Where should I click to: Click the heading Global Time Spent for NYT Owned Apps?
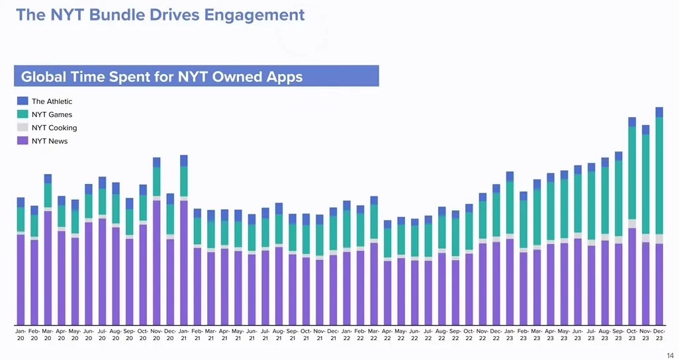(x=162, y=77)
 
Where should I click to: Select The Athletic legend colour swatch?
(x=23, y=101)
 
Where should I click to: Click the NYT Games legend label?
(x=52, y=114)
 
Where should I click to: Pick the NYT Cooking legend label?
(x=54, y=128)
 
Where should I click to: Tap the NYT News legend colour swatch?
(x=23, y=141)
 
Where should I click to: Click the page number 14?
(x=670, y=355)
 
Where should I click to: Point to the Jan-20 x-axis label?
(x=21, y=334)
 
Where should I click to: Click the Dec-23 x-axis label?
(x=659, y=334)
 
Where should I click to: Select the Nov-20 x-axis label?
(x=156, y=334)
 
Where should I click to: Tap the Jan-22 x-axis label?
(x=347, y=334)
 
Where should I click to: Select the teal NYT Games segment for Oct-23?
(x=632, y=172)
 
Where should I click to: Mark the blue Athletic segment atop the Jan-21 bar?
(x=183, y=161)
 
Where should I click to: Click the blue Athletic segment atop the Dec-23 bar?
(x=659, y=112)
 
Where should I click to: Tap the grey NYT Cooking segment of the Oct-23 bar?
(x=632, y=224)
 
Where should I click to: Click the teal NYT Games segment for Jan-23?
(x=510, y=207)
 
